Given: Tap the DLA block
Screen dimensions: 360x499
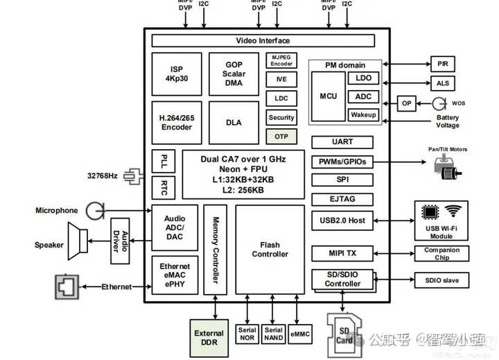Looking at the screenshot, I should (234, 123).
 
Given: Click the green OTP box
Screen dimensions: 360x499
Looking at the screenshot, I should (281, 137).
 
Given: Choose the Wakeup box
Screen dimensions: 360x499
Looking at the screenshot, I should (363, 114).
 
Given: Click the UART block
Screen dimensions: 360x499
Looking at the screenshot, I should (342, 142).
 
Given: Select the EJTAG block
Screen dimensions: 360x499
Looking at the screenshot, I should (342, 199).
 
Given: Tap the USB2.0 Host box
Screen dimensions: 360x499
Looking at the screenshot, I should (342, 221).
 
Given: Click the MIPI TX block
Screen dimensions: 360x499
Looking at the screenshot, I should (342, 253).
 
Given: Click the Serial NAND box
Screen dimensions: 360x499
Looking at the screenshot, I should (274, 334).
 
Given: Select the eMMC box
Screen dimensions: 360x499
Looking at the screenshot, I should (300, 334).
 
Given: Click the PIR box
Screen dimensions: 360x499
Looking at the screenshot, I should (443, 64).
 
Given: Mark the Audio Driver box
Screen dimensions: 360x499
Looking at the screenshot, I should (121, 241).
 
